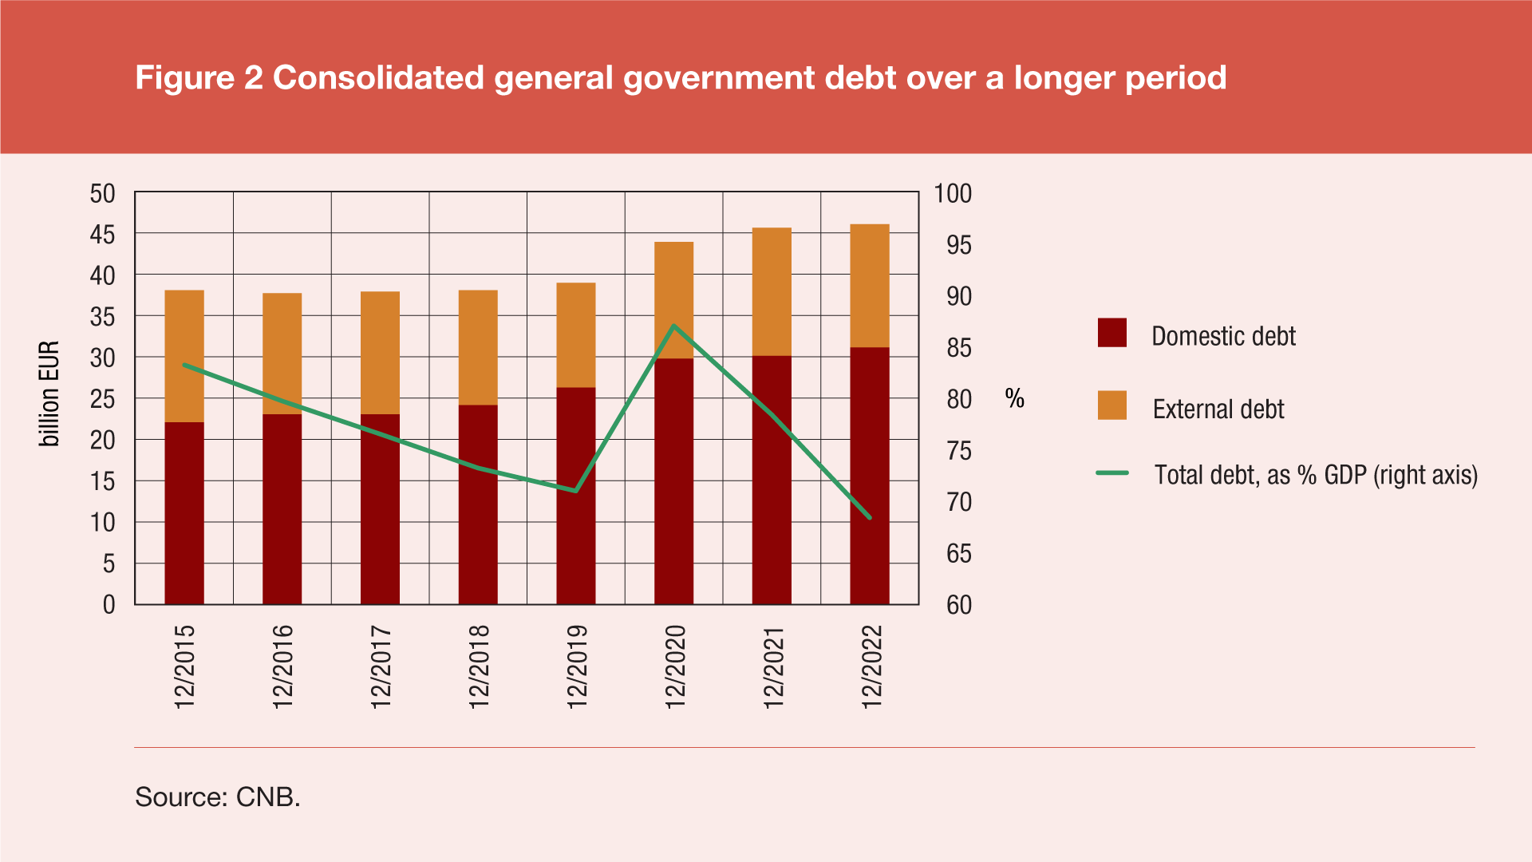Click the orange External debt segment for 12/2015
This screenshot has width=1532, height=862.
(x=184, y=356)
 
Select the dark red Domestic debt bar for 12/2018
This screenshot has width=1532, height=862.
(x=478, y=504)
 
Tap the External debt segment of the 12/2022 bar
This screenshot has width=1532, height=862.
(x=870, y=286)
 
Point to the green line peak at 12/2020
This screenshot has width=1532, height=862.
(x=674, y=326)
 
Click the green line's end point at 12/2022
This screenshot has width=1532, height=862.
(x=870, y=517)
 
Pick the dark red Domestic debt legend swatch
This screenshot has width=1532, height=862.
(x=1112, y=333)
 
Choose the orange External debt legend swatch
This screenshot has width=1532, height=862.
(x=1112, y=405)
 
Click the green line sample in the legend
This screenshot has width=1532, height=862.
(x=1112, y=473)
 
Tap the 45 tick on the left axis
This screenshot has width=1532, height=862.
(x=103, y=235)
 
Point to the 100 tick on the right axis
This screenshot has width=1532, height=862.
(x=953, y=193)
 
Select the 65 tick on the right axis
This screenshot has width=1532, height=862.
(x=959, y=554)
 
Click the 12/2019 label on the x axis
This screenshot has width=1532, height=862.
(x=577, y=666)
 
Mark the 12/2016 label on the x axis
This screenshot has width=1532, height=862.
(x=283, y=666)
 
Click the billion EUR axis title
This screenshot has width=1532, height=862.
(x=49, y=393)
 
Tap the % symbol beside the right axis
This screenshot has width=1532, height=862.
(x=1014, y=398)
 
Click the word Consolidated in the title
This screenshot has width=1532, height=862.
(x=378, y=77)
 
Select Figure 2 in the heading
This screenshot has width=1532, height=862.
(x=199, y=77)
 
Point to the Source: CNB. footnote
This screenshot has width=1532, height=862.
(x=218, y=797)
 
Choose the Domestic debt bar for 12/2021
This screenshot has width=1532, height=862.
(x=772, y=480)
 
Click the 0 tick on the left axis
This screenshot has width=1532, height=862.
(x=109, y=605)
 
